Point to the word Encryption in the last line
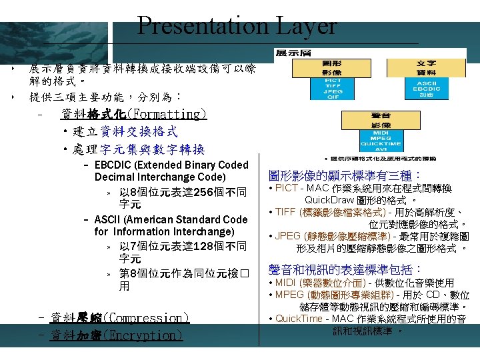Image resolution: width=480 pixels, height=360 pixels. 143,335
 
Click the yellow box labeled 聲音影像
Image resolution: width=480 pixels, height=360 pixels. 381,121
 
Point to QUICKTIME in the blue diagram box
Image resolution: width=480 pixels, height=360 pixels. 381,143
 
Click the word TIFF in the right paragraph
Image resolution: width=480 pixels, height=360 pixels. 287,212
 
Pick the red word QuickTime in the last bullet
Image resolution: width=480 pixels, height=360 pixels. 298,319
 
